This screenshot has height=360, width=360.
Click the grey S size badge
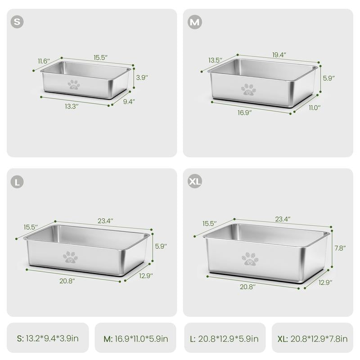coord(17,22)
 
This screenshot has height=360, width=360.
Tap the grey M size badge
coord(195,22)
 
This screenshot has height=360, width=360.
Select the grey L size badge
coord(17,182)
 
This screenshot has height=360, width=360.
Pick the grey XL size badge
coord(195,181)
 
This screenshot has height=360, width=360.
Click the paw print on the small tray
coord(74,85)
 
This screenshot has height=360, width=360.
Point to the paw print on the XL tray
coord(250,259)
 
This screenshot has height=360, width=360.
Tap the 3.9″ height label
coord(142,77)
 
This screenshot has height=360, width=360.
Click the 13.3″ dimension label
coord(72,107)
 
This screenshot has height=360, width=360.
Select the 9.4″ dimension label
coord(129,102)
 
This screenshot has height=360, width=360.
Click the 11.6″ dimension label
coord(44,61)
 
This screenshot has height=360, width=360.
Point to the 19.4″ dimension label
coord(279,55)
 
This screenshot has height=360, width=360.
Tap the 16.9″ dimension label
coord(244,113)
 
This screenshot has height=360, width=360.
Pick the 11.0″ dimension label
coord(314,108)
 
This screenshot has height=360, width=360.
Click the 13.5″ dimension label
coord(216,60)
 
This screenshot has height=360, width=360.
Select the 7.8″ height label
coord(340,248)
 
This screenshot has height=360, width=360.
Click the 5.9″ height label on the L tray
coord(161,246)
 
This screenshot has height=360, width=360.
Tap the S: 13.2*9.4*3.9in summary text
coord(48,338)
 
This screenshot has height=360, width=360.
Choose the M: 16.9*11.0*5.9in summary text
coord(136,339)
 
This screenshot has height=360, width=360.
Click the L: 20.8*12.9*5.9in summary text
coord(224,339)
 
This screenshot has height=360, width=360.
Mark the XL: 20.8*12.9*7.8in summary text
coord(312,339)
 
